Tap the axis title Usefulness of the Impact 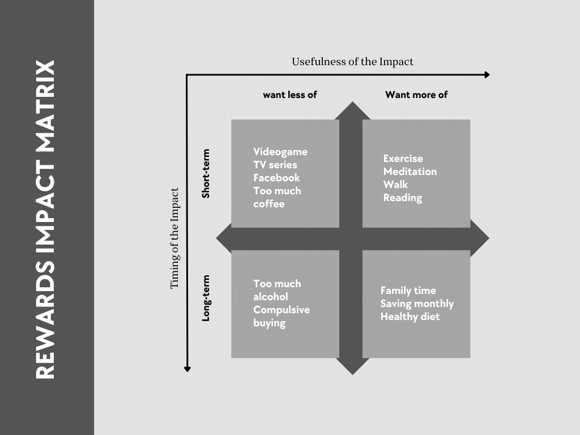pos(352,62)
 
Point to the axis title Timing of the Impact pos(175,238)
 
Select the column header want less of pos(289,95)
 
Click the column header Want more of pos(416,95)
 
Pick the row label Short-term pos(206,173)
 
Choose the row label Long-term pos(206,298)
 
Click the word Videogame pos(280,152)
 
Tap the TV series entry pos(275,165)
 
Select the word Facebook pos(276,178)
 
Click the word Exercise pos(403,159)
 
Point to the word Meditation pos(410,172)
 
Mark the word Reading pos(402,198)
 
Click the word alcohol pos(270,297)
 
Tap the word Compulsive pos(282,310)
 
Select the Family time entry pos(408,291)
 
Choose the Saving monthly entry pos(417,304)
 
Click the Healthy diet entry pos(410,317)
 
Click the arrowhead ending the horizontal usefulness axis pos(487,75)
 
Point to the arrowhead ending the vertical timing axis pos(187,369)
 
